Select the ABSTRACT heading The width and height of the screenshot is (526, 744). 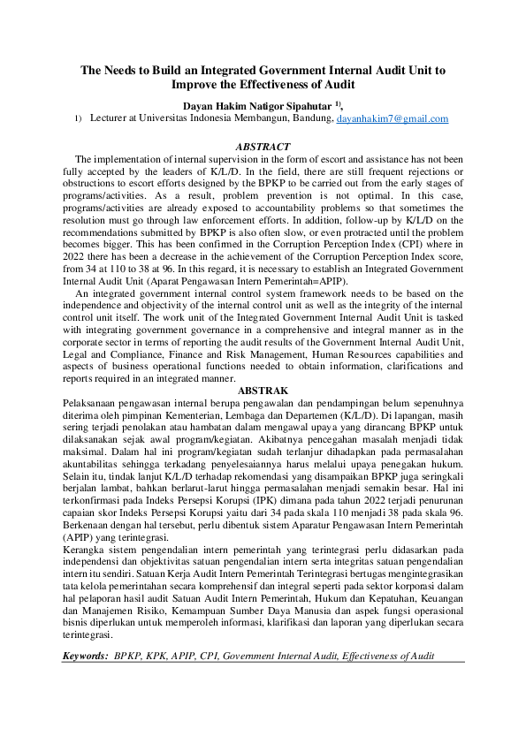263,146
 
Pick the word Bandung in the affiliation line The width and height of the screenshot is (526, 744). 312,118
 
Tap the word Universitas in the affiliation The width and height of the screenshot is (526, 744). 166,118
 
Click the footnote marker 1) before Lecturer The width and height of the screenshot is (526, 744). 78,118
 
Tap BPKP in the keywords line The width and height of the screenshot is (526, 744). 129,657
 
